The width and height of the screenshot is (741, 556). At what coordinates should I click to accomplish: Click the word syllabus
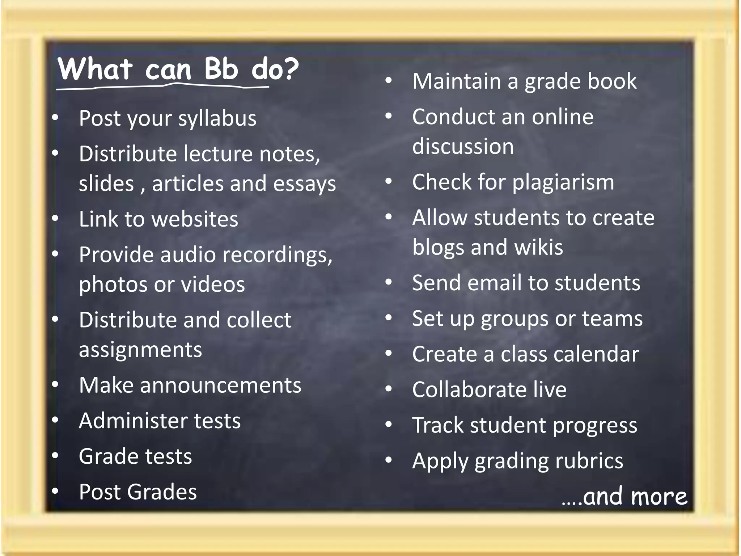pyautogui.click(x=217, y=118)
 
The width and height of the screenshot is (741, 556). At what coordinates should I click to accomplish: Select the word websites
pyautogui.click(x=195, y=219)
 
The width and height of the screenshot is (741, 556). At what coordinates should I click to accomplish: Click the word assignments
pyautogui.click(x=140, y=350)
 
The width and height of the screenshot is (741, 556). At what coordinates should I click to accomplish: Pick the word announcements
pyautogui.click(x=221, y=385)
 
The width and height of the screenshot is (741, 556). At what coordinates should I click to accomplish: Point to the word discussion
pyautogui.click(x=463, y=147)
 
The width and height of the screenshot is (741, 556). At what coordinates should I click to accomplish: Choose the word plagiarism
pyautogui.click(x=563, y=182)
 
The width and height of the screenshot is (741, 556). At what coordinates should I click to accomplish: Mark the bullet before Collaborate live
pyautogui.click(x=389, y=389)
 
